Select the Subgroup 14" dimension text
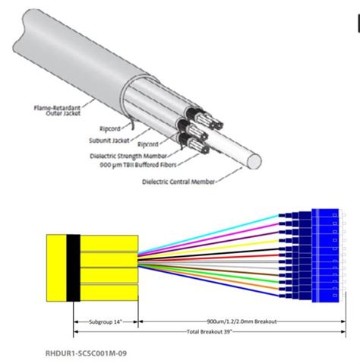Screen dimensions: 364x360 pyautogui.click(x=106, y=321)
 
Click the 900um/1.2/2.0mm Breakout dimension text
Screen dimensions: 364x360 pyautogui.click(x=238, y=321)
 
